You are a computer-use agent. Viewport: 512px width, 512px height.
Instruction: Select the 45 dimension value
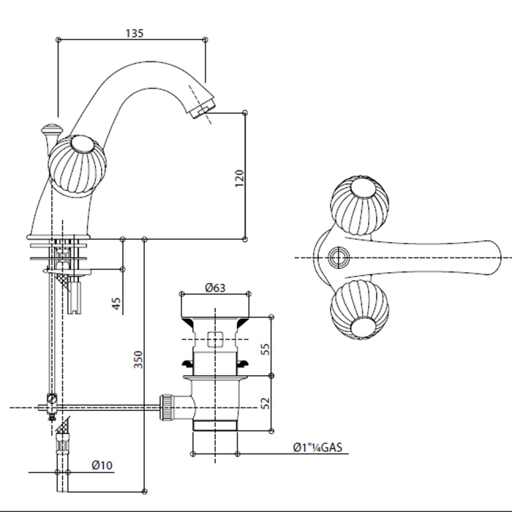point(116,302)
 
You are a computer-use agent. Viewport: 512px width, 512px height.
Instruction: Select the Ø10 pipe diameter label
point(102,464)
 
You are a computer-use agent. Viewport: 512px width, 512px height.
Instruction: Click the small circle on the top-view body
point(337,257)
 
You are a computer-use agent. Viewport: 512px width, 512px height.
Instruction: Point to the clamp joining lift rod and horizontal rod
point(51,402)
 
